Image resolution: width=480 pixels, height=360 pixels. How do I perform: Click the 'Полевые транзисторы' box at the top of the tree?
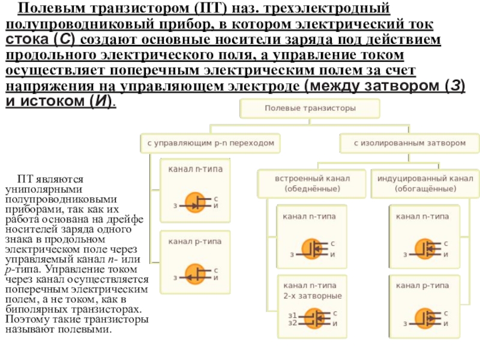pos(310,109)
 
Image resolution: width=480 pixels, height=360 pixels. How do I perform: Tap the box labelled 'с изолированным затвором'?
pos(409,144)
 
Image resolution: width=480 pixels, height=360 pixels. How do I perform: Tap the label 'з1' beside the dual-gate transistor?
pos(293,315)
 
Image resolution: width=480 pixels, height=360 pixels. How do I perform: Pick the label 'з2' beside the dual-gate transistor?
pos(293,323)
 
